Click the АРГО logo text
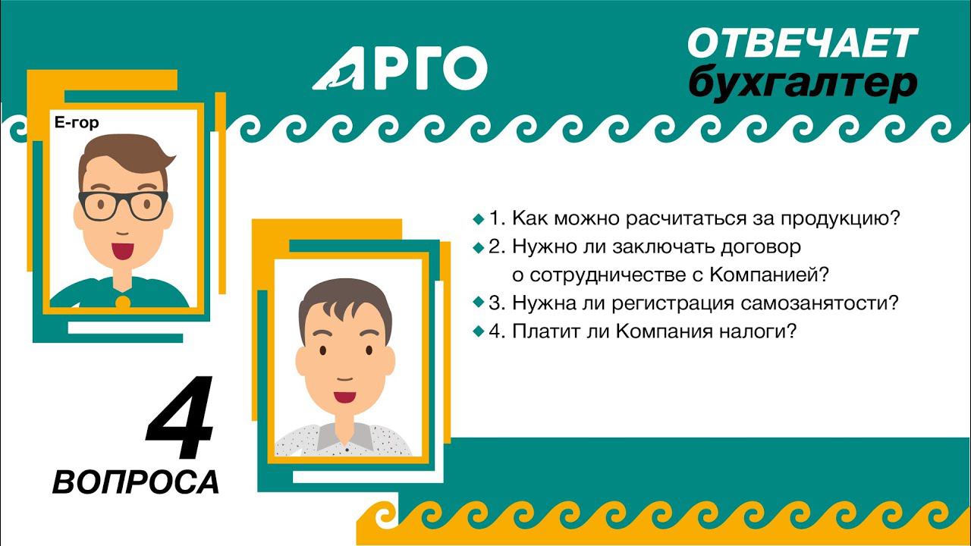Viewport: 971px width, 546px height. coord(400,67)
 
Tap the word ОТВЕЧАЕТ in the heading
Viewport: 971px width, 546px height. coord(802,44)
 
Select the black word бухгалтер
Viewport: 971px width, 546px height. coord(802,83)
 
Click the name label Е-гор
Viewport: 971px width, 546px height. coord(77,123)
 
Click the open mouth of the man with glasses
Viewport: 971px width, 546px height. coord(122,249)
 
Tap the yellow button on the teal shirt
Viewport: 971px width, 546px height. coord(122,302)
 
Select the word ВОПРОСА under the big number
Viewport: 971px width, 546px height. coord(136,482)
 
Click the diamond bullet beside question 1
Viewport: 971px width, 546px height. coord(478,219)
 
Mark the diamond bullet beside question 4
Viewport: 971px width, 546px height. coord(478,331)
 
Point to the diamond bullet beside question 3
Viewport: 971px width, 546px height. coord(478,302)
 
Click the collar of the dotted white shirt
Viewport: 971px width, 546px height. coord(345,433)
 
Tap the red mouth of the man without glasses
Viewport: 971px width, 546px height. coord(345,397)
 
